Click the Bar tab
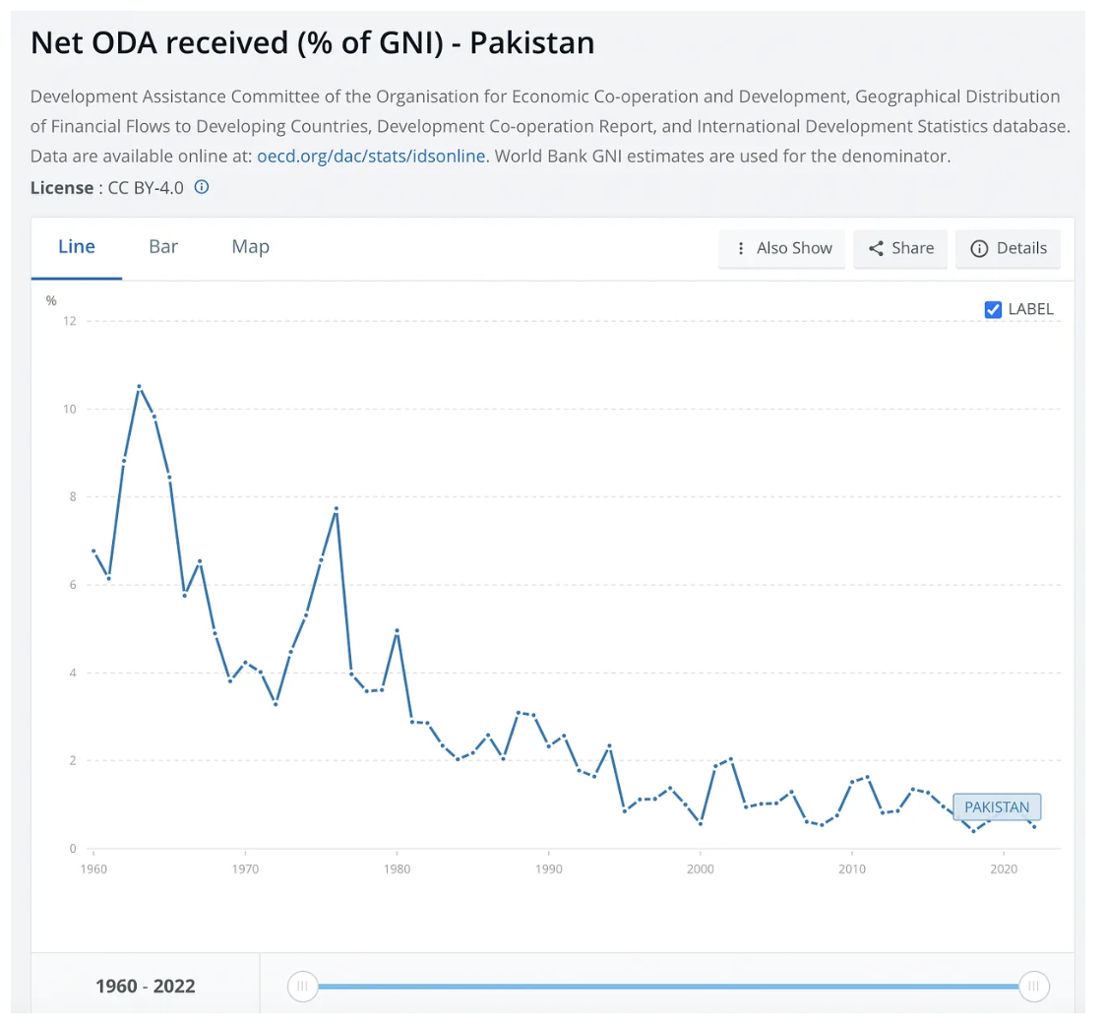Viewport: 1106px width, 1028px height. click(163, 247)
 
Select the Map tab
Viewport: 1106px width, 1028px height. click(250, 247)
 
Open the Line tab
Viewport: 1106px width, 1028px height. click(77, 247)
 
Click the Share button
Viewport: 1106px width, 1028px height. click(900, 248)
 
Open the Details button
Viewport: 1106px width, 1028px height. click(1009, 248)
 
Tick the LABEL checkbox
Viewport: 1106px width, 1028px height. click(993, 309)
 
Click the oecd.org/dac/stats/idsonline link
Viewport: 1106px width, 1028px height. click(371, 157)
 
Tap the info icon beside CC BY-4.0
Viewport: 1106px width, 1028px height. click(202, 187)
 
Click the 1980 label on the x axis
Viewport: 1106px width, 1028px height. click(397, 869)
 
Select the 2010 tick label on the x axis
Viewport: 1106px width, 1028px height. click(851, 869)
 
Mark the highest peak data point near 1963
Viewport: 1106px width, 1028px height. click(139, 386)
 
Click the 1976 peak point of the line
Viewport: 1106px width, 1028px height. click(337, 509)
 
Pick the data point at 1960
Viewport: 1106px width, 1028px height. click(93, 550)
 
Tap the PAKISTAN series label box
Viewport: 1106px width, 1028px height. click(997, 807)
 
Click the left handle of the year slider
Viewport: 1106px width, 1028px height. click(303, 986)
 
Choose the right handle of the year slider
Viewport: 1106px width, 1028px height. click(1034, 986)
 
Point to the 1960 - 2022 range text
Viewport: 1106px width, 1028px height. click(146, 986)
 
